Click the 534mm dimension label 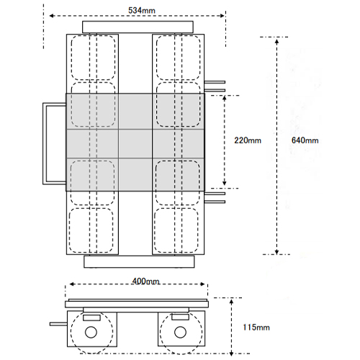pyautogui.click(x=142, y=11)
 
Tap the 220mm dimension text pyautogui.click(x=248, y=140)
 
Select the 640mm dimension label pyautogui.click(x=305, y=140)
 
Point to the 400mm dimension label pyautogui.click(x=146, y=281)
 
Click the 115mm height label pyautogui.click(x=256, y=328)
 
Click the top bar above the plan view pyautogui.click(x=138, y=27)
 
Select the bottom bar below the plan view pyautogui.click(x=139, y=261)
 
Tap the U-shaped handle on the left pyautogui.click(x=45, y=143)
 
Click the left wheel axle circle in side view pyautogui.click(x=91, y=332)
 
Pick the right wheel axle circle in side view pyautogui.click(x=181, y=332)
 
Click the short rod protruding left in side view pyautogui.click(x=58, y=324)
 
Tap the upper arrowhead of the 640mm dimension pyautogui.click(x=276, y=42)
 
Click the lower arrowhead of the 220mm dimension pyautogui.click(x=225, y=183)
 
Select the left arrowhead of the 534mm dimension pyautogui.click(x=52, y=16)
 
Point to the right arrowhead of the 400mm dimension pyautogui.click(x=202, y=284)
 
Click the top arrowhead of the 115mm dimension pyautogui.click(x=231, y=302)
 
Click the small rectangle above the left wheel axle pyautogui.click(x=91, y=318)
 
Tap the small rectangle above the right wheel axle pyautogui.click(x=181, y=317)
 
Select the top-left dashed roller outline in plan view pyautogui.click(x=93, y=58)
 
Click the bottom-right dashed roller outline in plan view pyautogui.click(x=176, y=230)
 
